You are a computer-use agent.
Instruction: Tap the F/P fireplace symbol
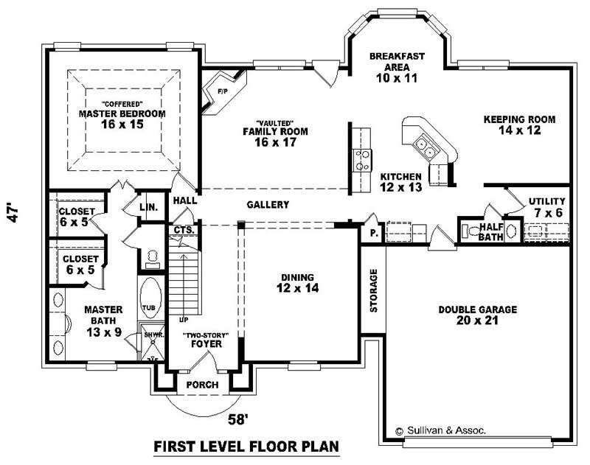pos(223,91)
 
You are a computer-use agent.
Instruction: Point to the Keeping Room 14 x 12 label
pos(519,125)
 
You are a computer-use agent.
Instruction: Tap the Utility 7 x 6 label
pos(546,206)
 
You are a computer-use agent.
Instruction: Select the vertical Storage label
pos(373,290)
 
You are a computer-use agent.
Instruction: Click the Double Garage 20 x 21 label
pos(477,315)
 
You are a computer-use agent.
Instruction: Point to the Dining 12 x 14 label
pos(297,283)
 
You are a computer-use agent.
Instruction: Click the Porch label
pos(202,384)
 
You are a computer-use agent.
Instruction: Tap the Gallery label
pos(268,205)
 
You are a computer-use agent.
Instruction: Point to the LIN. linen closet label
pos(149,208)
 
